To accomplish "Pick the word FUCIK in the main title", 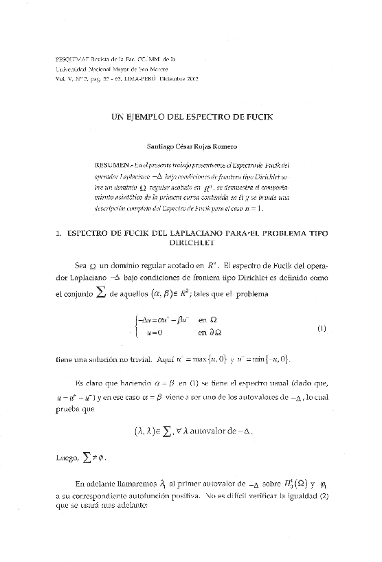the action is coord(258,117).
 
